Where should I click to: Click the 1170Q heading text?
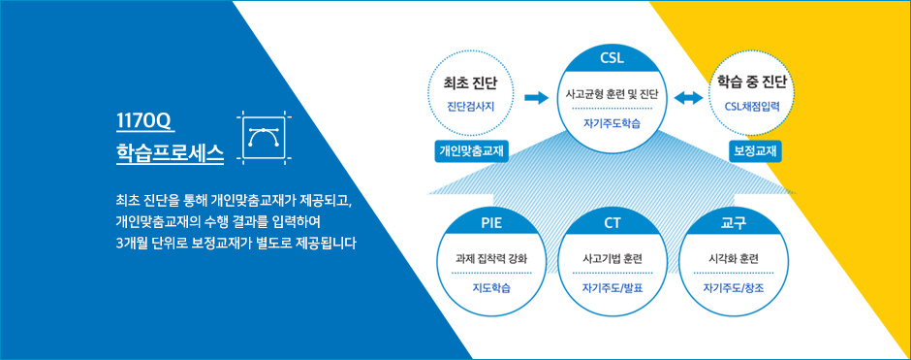[142, 121]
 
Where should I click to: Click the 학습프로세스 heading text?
[170, 152]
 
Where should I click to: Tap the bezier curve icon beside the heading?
[264, 139]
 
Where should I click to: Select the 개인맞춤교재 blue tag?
[471, 151]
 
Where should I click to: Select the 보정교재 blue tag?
[755, 151]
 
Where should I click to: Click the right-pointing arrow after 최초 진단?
[536, 98]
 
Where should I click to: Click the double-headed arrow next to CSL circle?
[688, 99]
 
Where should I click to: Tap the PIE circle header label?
[491, 224]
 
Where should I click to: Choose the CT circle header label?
[613, 224]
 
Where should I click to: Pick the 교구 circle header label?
[733, 224]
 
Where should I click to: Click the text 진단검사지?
[471, 106]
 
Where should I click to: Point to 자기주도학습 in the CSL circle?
[613, 122]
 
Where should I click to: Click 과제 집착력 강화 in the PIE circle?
[491, 258]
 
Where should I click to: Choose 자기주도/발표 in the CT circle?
[613, 286]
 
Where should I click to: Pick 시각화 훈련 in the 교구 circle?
[733, 258]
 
